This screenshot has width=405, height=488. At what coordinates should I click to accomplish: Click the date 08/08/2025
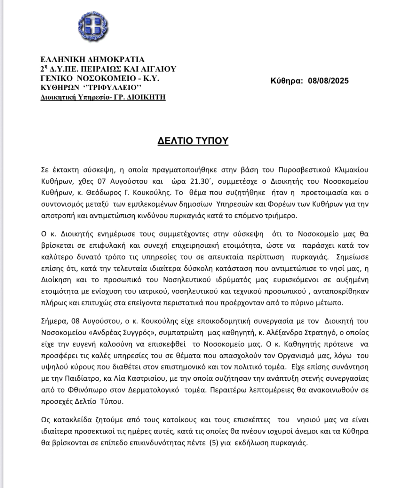(x=328, y=81)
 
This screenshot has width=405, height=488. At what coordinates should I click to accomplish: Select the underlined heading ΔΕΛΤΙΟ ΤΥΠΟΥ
(x=193, y=141)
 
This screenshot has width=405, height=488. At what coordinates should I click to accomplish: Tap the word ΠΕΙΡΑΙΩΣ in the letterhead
(x=101, y=69)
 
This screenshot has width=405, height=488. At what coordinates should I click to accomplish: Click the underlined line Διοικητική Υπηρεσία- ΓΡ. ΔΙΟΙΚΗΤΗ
(x=103, y=97)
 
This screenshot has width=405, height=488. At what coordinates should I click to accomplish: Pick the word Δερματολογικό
(x=153, y=390)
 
